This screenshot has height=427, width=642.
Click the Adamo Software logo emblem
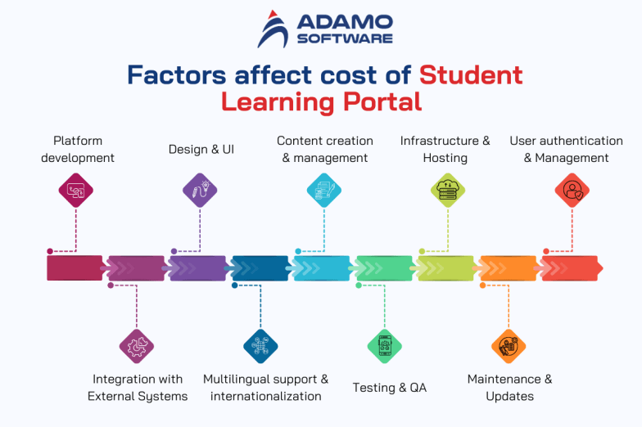(x=273, y=29)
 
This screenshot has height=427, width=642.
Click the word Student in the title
(x=471, y=74)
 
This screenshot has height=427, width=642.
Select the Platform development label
(x=78, y=149)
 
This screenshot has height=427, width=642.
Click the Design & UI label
(x=201, y=149)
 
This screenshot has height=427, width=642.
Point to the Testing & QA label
(x=390, y=387)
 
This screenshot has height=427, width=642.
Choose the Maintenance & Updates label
(x=509, y=387)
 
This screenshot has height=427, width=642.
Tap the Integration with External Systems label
(x=138, y=387)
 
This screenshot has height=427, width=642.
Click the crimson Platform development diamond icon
(x=76, y=190)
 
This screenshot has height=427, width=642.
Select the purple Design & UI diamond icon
(x=200, y=190)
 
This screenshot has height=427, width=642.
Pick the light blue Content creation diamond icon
(x=324, y=190)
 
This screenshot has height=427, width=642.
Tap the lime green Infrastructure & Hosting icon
(x=448, y=190)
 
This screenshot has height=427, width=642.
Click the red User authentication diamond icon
(x=572, y=190)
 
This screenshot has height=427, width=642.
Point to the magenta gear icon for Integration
(x=137, y=345)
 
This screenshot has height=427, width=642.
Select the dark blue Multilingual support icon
(x=260, y=345)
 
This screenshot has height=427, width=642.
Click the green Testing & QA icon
(x=385, y=345)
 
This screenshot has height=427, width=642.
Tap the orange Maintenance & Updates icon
(x=509, y=345)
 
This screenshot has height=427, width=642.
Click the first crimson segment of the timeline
(x=75, y=268)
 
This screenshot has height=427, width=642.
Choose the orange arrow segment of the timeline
(x=508, y=268)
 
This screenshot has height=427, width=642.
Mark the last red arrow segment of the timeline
(x=572, y=268)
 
